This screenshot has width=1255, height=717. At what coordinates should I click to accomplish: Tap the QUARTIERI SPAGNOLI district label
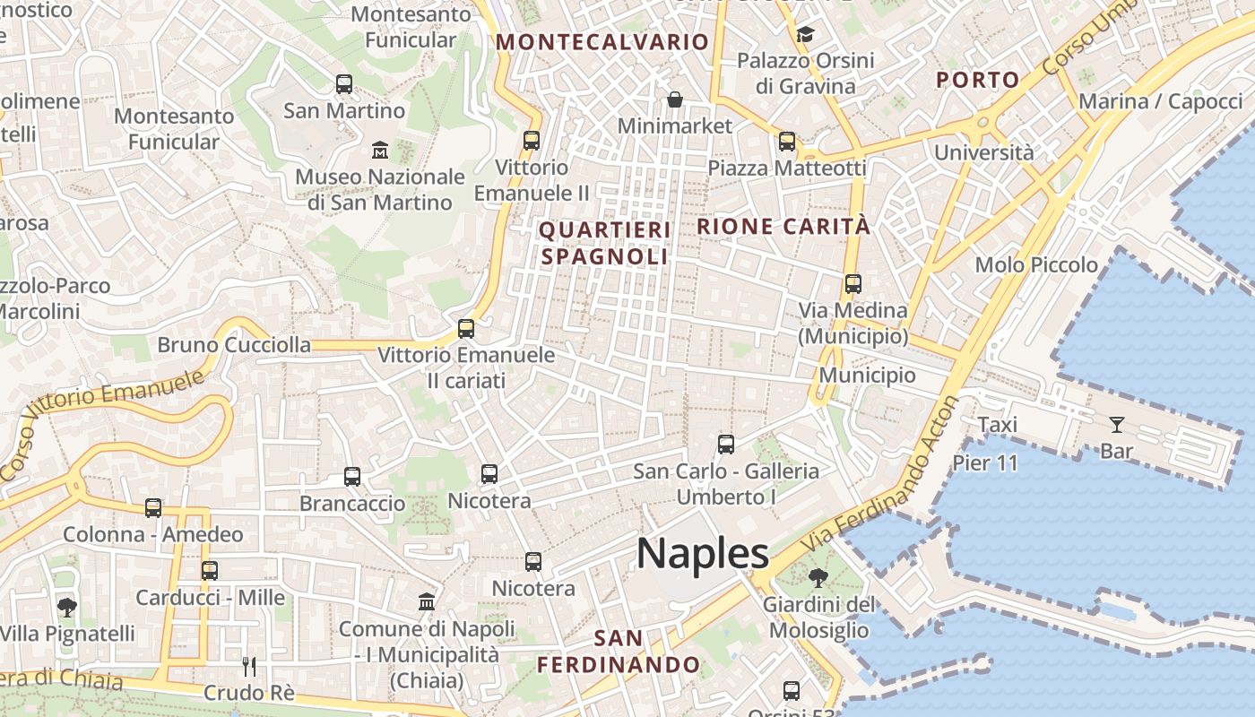[604, 243]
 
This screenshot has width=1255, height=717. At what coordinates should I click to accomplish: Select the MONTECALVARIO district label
[602, 41]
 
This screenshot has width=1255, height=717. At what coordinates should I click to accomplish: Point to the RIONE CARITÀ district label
[783, 226]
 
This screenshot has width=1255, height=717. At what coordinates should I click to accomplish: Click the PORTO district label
[978, 80]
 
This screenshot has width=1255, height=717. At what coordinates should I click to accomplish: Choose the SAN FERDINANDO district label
[619, 652]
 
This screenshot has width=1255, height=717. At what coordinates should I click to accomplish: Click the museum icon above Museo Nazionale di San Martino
[379, 150]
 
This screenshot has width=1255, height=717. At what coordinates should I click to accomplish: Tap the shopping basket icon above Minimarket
[674, 99]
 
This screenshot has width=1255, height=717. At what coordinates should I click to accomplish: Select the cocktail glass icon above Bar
[1117, 424]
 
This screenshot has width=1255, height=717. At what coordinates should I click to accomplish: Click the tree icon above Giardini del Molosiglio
[818, 578]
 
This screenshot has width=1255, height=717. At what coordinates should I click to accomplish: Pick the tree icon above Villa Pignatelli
[66, 608]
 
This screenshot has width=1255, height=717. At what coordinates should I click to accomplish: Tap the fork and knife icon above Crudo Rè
[249, 666]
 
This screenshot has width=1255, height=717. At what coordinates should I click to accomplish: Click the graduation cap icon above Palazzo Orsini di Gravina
[805, 34]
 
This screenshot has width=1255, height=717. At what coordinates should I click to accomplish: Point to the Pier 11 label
[985, 462]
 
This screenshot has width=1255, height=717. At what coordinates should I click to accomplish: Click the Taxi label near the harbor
[997, 424]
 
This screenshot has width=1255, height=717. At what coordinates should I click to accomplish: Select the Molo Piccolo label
[1036, 264]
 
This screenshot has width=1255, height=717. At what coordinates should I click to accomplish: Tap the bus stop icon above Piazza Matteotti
[787, 141]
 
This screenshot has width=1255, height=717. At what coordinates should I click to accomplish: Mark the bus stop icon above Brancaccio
[352, 477]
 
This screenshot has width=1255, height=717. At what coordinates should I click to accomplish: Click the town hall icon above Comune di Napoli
[427, 601]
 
